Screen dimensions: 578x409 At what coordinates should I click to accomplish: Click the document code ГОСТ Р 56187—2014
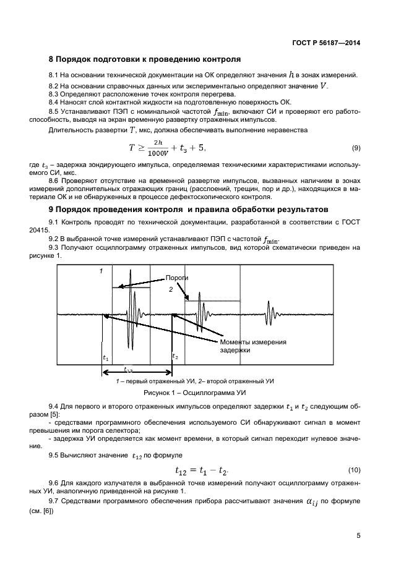[326, 43]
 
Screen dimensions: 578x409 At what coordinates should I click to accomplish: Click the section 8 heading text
[144, 60]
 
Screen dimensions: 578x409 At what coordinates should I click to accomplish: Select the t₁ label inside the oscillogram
[105, 357]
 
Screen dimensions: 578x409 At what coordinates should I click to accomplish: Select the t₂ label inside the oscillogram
[175, 357]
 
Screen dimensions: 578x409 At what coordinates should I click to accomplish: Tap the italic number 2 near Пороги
[171, 289]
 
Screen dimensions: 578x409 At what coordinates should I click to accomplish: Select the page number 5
[358, 536]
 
